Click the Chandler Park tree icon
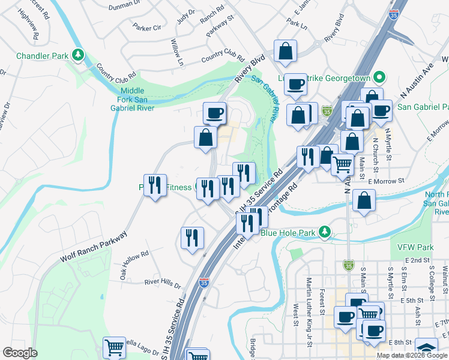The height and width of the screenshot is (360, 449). click(x=77, y=56)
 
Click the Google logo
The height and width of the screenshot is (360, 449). click(x=20, y=352)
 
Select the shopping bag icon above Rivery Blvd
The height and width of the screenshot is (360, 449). click(x=285, y=53)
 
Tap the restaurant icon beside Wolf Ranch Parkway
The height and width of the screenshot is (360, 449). click(x=155, y=186)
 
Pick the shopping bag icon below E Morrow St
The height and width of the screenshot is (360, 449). click(x=364, y=202)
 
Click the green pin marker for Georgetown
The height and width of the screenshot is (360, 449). click(x=379, y=77)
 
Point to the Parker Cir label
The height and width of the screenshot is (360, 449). click(x=147, y=28)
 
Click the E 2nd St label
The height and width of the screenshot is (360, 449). click(x=418, y=260)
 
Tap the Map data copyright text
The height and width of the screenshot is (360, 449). click(x=412, y=355)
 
